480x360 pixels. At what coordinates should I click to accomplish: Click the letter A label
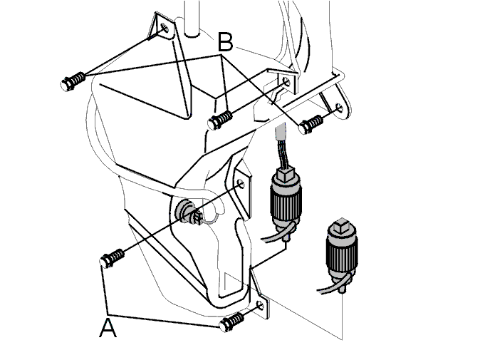[x=108, y=328]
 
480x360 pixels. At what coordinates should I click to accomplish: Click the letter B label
[x=225, y=42]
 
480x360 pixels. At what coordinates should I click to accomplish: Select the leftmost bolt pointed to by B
[x=73, y=81]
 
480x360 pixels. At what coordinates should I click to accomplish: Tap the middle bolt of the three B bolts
[x=219, y=120]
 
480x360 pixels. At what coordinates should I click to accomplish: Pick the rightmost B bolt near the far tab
[x=311, y=124]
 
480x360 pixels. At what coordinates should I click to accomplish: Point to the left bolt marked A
[x=112, y=258]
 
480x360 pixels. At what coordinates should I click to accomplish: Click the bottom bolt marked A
[x=231, y=322]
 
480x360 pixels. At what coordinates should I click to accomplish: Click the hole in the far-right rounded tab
[x=340, y=107]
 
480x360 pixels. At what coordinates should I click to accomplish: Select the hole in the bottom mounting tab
[x=260, y=305]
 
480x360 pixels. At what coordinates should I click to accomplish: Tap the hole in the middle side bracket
[x=241, y=183]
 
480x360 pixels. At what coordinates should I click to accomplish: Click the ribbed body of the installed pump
[x=286, y=200]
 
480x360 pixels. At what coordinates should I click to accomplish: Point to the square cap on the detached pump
[x=341, y=225]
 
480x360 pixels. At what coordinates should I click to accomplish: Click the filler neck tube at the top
[x=192, y=19]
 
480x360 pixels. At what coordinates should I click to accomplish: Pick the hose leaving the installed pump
[x=278, y=233]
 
